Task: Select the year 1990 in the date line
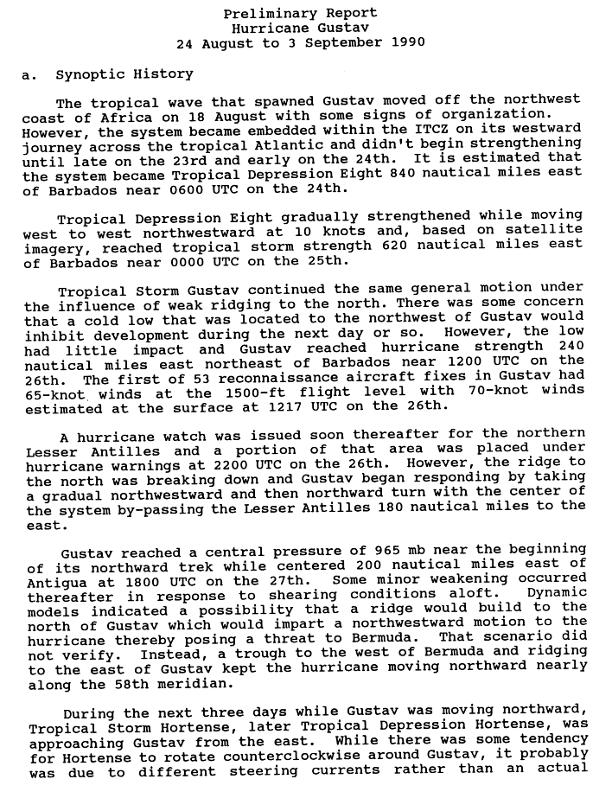tap(406, 42)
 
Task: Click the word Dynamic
tap(557, 594)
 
